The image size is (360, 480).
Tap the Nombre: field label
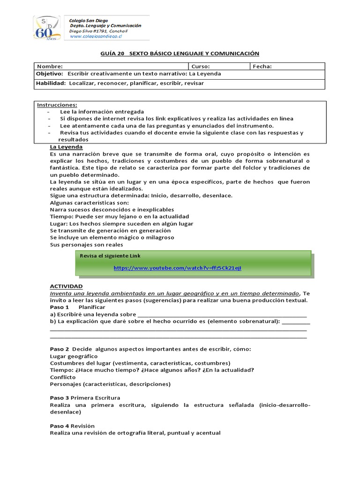[x=49, y=67]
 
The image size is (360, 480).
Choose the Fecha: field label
[x=262, y=67]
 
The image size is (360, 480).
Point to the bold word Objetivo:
[x=50, y=74]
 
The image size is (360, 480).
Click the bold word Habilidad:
[x=51, y=83]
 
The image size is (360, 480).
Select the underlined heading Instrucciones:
[x=57, y=105]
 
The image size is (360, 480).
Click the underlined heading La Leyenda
[x=66, y=147]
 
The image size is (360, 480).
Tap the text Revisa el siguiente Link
[x=110, y=255]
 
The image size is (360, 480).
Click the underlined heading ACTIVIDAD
[x=66, y=286]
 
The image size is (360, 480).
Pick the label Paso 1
[x=60, y=307]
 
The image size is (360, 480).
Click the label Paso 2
[x=60, y=349]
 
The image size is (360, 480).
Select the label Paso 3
[x=60, y=398]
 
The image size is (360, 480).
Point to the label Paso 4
[x=60, y=426]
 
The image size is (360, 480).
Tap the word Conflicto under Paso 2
[x=63, y=377]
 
